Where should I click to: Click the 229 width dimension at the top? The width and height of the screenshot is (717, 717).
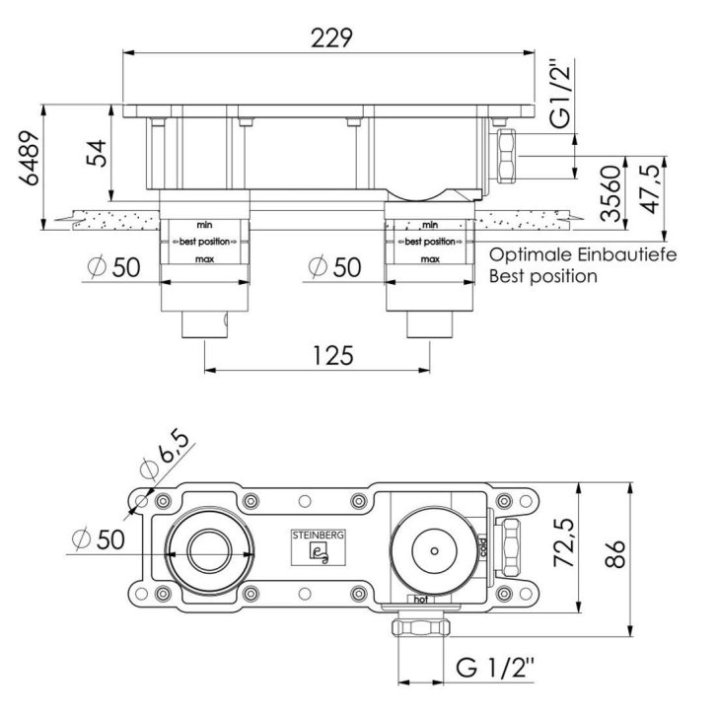(331, 37)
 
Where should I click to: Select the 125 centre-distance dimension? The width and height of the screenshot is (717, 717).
(333, 355)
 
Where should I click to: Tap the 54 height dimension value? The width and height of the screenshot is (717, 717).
(97, 153)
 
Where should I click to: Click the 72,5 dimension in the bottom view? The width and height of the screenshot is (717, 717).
(564, 542)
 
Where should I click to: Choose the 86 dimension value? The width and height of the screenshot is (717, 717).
(615, 553)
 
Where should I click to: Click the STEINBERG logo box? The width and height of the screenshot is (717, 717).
(319, 547)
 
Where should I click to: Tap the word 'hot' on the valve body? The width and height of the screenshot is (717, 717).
(421, 599)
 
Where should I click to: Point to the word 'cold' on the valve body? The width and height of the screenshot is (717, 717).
(483, 547)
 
